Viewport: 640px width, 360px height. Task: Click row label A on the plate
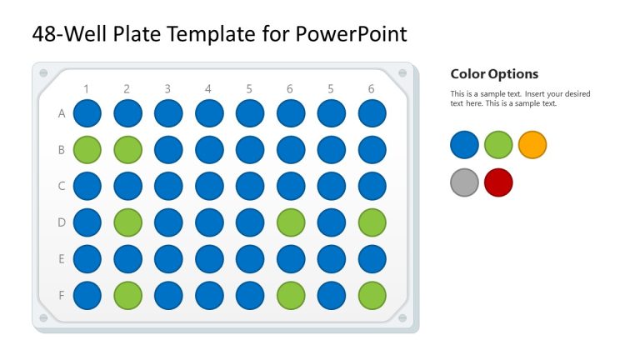[62, 114]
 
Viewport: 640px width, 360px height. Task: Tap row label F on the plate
[62, 295]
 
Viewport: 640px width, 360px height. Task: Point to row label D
[62, 222]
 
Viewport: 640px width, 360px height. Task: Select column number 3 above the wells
[167, 88]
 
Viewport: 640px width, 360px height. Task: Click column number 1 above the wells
[86, 88]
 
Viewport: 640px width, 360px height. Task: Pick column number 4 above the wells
[208, 88]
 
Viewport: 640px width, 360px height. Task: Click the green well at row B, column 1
[87, 150]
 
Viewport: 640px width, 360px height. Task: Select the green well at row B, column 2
[128, 150]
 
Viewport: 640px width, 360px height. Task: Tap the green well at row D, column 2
[128, 222]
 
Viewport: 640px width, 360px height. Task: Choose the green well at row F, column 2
[128, 295]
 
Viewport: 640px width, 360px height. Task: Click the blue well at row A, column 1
[87, 114]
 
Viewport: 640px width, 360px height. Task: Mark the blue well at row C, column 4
[209, 186]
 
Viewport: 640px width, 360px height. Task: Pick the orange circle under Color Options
[532, 145]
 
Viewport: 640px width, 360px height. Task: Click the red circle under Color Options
[498, 182]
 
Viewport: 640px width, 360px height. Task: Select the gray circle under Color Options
[464, 182]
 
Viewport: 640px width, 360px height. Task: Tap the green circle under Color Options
[498, 145]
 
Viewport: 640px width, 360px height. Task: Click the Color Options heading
[494, 74]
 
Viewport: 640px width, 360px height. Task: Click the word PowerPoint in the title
[352, 34]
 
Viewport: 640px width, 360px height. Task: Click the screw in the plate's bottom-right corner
[403, 318]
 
